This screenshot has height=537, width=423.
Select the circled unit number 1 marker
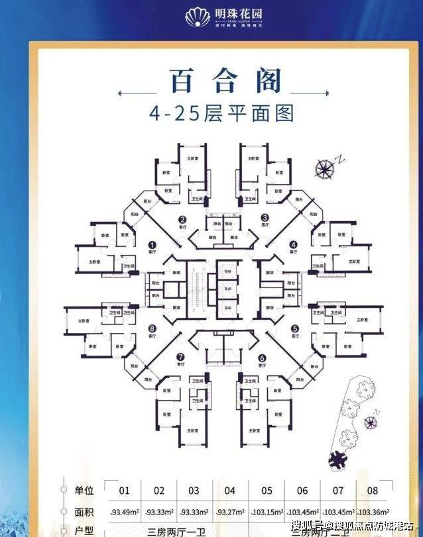pyautogui.click(x=152, y=244)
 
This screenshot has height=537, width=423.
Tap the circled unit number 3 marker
pyautogui.click(x=264, y=217)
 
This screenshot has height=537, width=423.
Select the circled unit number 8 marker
pyautogui.click(x=152, y=328)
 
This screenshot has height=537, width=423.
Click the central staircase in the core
pyautogui.click(x=197, y=289)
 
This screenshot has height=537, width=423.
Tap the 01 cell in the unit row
pyautogui.click(x=124, y=491)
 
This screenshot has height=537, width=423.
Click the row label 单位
pyautogui.click(x=85, y=491)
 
